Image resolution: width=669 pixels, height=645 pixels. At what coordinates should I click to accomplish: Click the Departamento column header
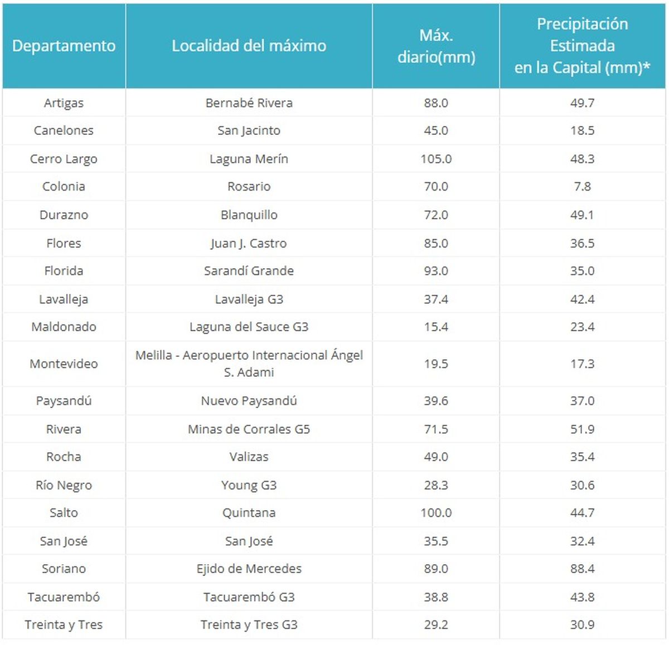pyautogui.click(x=64, y=46)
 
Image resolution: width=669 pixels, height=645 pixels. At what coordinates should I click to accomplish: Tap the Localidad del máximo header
pyautogui.click(x=249, y=46)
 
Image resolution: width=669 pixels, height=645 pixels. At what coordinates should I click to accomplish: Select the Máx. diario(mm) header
pyautogui.click(x=436, y=46)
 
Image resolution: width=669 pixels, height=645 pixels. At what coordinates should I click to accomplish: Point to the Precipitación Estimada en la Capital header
pyautogui.click(x=582, y=46)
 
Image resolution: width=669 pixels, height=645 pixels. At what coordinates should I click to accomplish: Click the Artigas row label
pyautogui.click(x=64, y=103)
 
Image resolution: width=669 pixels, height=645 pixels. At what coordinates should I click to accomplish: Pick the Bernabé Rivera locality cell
pyautogui.click(x=249, y=103)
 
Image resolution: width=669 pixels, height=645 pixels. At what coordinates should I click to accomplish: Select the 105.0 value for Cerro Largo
pyautogui.click(x=436, y=159)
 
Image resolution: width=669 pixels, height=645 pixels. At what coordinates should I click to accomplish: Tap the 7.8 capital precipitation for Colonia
pyautogui.click(x=582, y=187)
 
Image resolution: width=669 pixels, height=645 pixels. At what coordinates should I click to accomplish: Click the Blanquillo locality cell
pyautogui.click(x=249, y=215)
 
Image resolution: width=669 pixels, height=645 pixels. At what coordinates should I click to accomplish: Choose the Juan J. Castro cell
pyautogui.click(x=249, y=243)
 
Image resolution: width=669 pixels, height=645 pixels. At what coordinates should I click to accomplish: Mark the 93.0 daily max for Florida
pyautogui.click(x=436, y=271)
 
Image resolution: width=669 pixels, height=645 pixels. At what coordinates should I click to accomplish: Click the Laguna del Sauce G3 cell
pyautogui.click(x=249, y=327)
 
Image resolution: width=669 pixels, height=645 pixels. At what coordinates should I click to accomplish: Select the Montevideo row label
pyautogui.click(x=64, y=364)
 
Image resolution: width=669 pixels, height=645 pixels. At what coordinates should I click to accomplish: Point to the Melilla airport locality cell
pyautogui.click(x=249, y=363)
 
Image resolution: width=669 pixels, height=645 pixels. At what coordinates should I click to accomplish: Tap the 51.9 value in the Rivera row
pyautogui.click(x=582, y=429)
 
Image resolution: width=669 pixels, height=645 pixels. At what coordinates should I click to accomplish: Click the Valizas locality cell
pyautogui.click(x=249, y=457)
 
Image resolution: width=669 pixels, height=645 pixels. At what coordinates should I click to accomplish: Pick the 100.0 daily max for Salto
pyautogui.click(x=436, y=513)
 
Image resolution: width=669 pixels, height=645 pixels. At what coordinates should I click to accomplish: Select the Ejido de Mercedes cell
pyautogui.click(x=249, y=569)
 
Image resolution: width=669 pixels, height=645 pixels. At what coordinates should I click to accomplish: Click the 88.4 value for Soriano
pyautogui.click(x=582, y=569)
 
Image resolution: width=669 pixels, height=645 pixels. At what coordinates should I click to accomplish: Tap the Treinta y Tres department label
pyautogui.click(x=64, y=625)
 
